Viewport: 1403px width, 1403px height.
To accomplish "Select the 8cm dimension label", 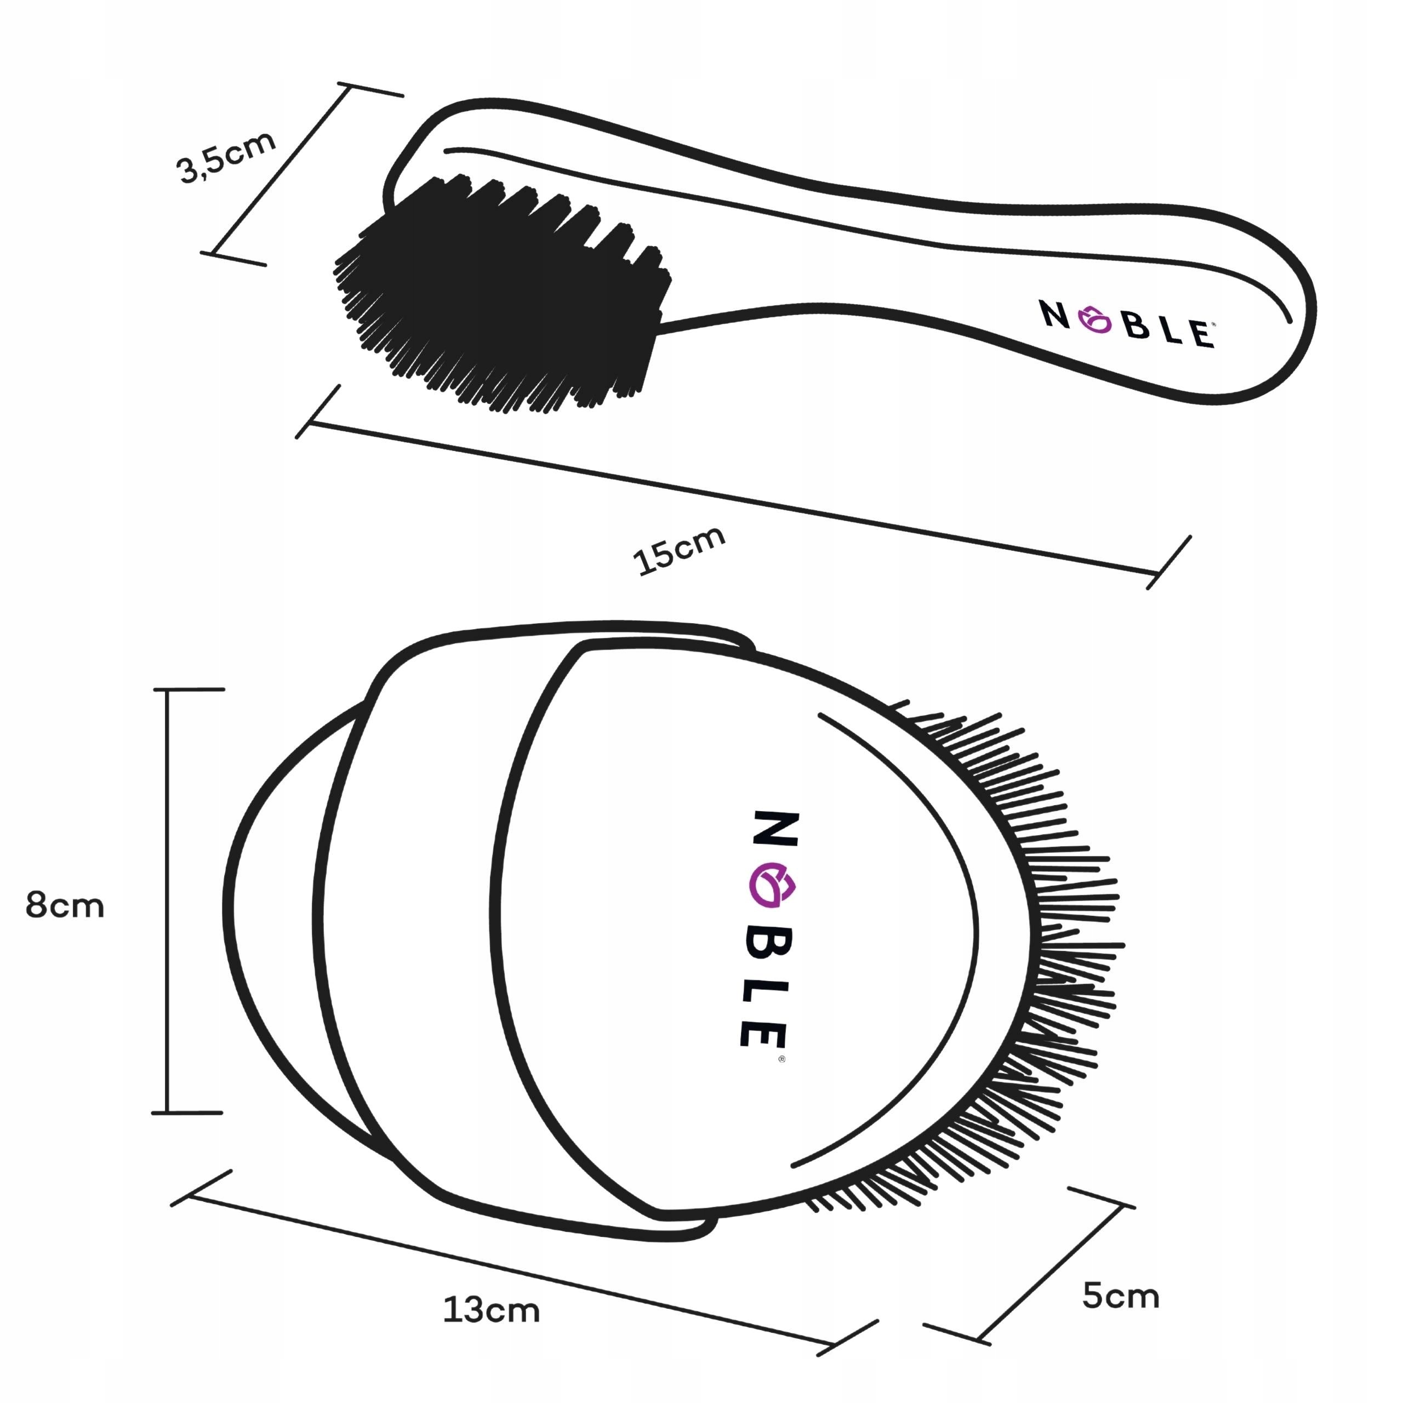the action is click(x=65, y=906).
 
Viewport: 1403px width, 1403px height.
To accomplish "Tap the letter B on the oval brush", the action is click(x=771, y=944).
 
